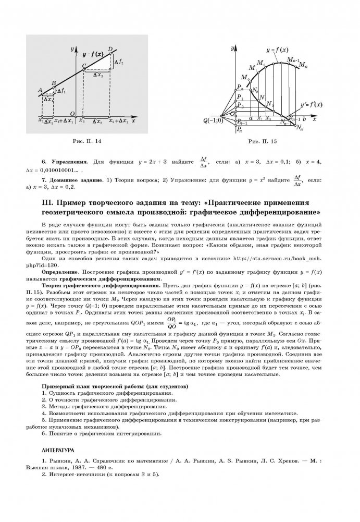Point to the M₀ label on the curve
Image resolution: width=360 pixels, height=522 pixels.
(244, 78)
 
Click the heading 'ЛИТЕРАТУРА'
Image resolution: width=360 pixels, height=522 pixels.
(58, 448)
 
